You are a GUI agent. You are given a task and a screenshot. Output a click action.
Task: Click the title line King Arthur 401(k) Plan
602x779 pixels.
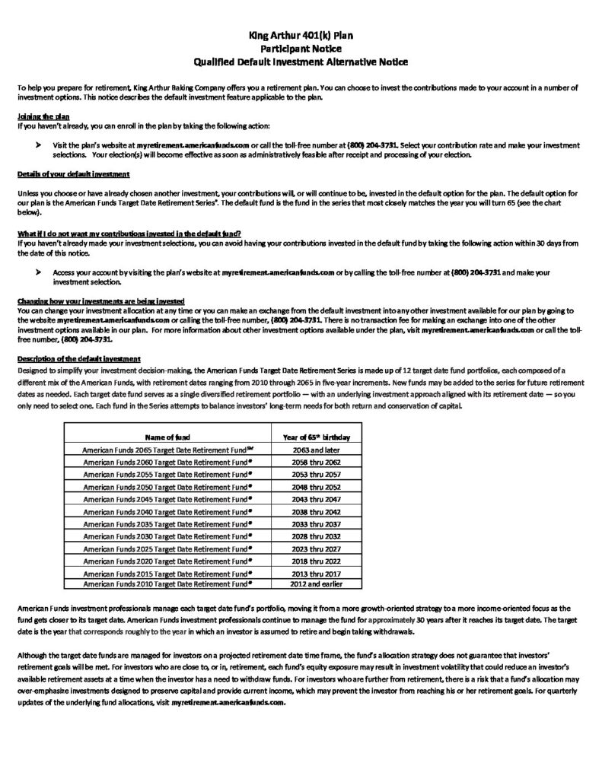[x=301, y=34]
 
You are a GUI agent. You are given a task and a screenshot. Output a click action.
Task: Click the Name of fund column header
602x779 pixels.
[x=166, y=438]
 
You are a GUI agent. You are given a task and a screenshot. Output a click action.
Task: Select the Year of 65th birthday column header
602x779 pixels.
[x=315, y=438]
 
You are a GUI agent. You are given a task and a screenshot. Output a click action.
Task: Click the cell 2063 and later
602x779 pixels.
[x=315, y=450]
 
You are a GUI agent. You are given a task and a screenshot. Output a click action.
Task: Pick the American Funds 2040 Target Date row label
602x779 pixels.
[x=167, y=512]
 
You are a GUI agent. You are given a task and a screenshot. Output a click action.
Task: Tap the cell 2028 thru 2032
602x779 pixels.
[x=315, y=536]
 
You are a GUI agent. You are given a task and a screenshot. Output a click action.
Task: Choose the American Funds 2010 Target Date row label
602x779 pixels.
[x=167, y=584]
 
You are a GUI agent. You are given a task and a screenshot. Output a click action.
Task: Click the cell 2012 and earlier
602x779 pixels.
[x=315, y=584]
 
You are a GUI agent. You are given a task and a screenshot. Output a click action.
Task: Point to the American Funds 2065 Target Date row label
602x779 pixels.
[x=167, y=450]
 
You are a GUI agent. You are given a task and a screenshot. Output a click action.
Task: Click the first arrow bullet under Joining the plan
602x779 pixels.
[x=39, y=144]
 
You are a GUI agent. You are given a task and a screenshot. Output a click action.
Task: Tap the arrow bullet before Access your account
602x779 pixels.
[x=39, y=272]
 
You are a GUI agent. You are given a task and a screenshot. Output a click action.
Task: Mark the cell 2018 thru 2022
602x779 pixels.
[x=315, y=561]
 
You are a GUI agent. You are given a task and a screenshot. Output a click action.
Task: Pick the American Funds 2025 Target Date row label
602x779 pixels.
[x=167, y=548]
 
